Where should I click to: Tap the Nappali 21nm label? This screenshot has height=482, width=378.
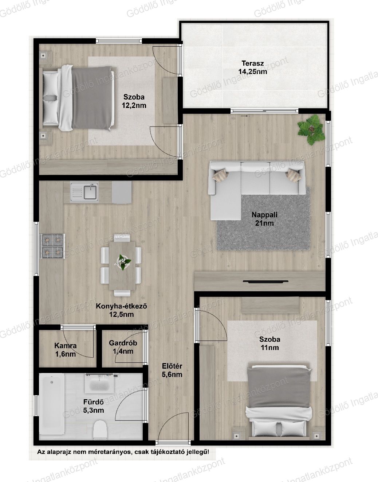[x=264, y=219]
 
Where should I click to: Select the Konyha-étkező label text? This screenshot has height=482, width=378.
[x=122, y=306]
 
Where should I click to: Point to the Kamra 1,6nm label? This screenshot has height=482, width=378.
[x=66, y=350]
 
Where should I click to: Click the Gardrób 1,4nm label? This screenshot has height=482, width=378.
[x=123, y=347]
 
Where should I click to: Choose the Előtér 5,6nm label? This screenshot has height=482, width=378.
[x=172, y=370]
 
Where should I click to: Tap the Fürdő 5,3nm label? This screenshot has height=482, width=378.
[x=94, y=406]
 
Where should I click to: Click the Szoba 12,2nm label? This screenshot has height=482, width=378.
[x=134, y=101]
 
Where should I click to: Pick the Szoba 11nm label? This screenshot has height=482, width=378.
[x=270, y=343]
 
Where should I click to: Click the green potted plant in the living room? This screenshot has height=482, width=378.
[x=311, y=129]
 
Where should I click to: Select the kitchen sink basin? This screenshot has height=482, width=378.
[x=90, y=192]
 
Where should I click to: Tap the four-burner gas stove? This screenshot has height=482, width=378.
[x=52, y=246]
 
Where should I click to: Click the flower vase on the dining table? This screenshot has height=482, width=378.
[x=123, y=262]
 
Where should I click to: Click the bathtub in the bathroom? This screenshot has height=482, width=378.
[x=52, y=404]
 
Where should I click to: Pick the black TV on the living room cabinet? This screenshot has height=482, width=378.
[x=265, y=282]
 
